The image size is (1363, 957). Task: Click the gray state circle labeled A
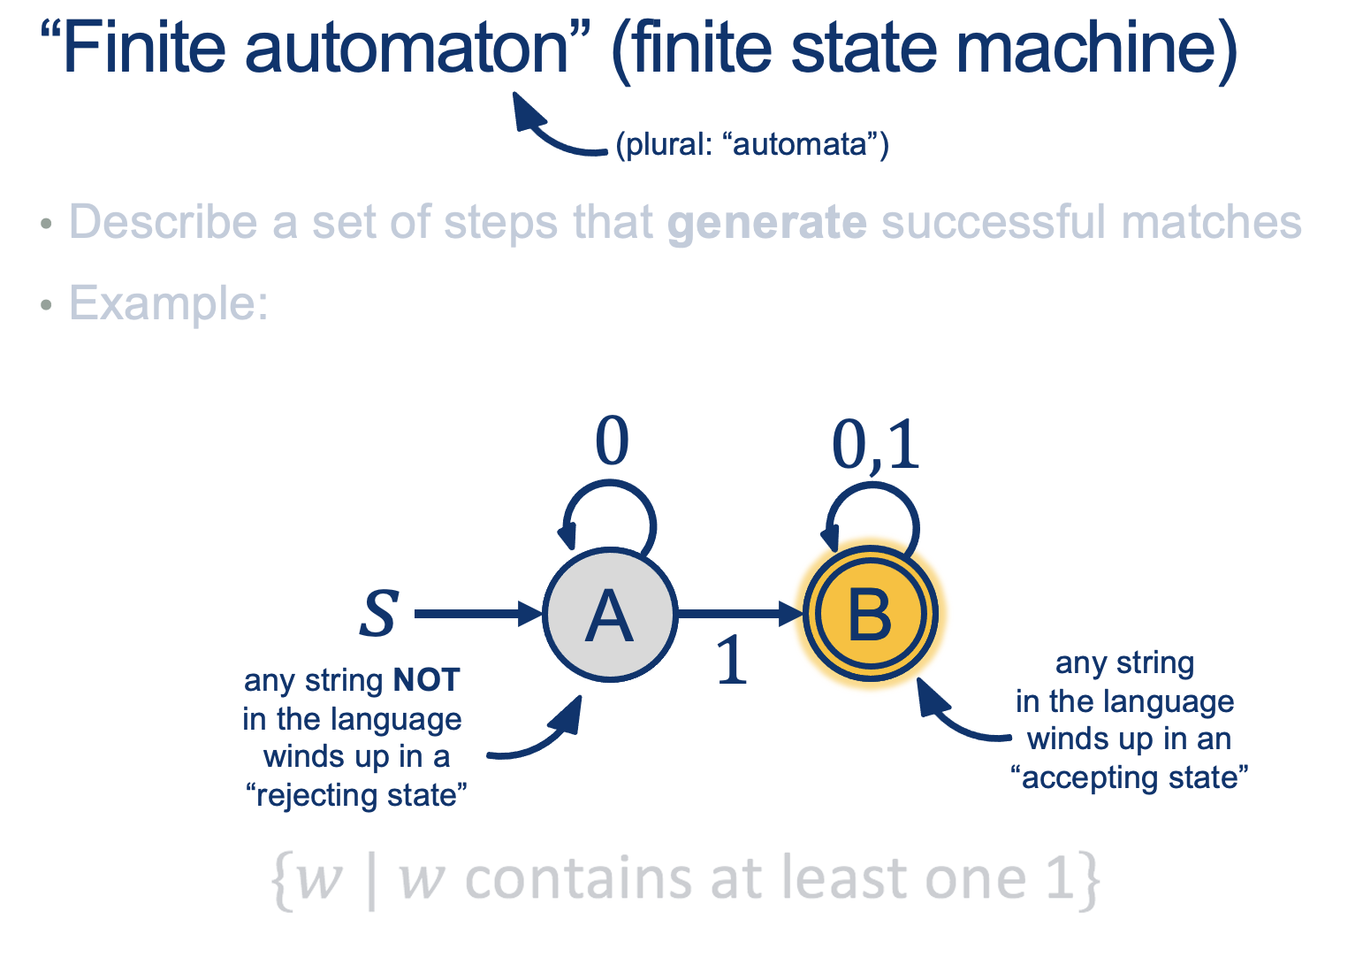click(x=610, y=614)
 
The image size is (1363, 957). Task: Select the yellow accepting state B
click(x=871, y=614)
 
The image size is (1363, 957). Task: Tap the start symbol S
click(x=378, y=613)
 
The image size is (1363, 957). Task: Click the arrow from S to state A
click(x=477, y=613)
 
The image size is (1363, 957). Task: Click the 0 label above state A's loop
click(x=612, y=441)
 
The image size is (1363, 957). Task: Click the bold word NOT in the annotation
click(x=427, y=680)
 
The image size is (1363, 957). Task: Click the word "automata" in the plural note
click(x=801, y=143)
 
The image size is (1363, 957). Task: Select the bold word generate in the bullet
click(x=766, y=222)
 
